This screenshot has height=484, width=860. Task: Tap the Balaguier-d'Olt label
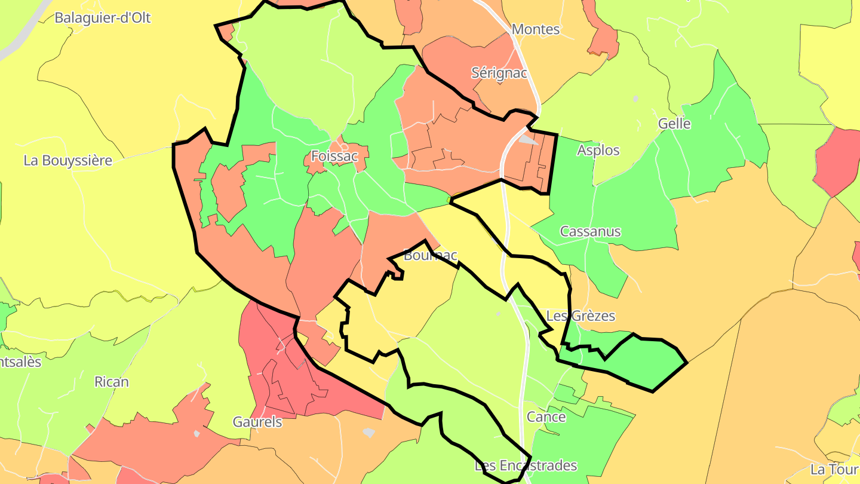click(102, 18)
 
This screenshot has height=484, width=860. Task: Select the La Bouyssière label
click(68, 161)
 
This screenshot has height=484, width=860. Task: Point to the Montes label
click(536, 29)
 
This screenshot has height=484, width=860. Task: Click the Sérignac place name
click(499, 73)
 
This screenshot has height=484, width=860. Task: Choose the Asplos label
click(598, 151)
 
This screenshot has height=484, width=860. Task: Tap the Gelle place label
click(674, 124)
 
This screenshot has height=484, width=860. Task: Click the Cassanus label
click(590, 232)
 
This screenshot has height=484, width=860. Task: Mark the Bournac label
click(430, 256)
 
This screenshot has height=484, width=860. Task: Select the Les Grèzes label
click(580, 316)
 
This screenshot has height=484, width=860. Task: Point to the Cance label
click(546, 417)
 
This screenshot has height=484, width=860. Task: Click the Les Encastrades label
click(526, 465)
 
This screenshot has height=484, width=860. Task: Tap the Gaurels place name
click(257, 422)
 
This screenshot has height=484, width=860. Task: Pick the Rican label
click(111, 382)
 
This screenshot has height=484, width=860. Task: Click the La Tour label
click(834, 470)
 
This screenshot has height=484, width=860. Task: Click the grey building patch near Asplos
click(527, 140)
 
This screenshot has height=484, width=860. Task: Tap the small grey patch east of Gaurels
click(369, 432)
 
